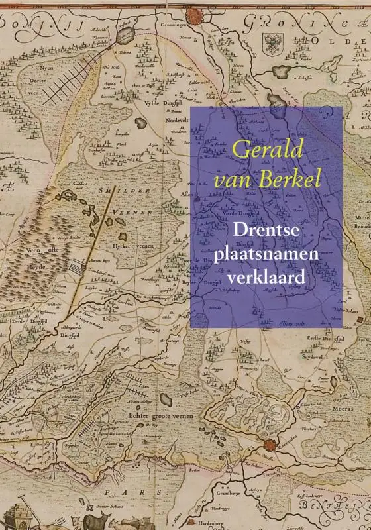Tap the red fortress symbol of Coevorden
pos(269,445)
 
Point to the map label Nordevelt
pos(177,121)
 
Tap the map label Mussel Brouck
pos(362,221)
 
